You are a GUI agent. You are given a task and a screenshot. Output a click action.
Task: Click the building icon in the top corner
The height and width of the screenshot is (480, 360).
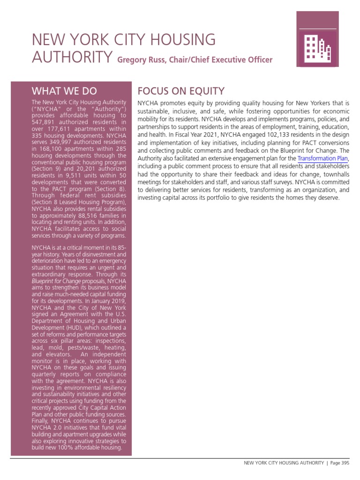coord(318,48)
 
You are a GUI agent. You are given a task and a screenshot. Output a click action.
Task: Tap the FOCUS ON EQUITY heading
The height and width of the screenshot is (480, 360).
coord(180,91)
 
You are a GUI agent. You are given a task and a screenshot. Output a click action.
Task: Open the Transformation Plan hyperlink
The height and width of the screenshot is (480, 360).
coord(322,158)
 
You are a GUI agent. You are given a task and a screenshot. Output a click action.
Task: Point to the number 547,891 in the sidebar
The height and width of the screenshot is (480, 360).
coord(46,122)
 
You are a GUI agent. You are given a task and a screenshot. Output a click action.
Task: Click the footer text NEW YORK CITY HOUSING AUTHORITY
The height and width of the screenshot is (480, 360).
coord(284,463)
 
